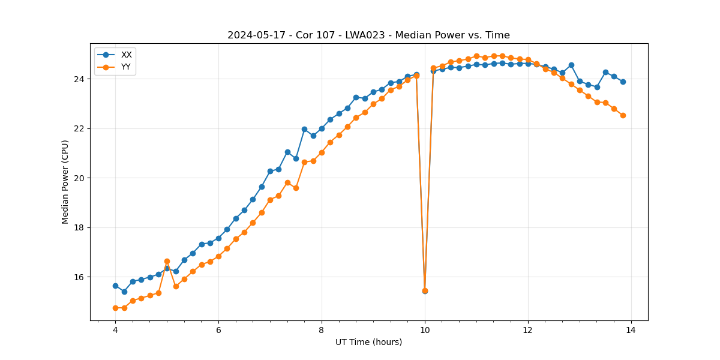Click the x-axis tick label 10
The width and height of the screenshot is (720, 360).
click(x=425, y=330)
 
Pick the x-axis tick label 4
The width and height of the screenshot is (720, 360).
click(x=115, y=330)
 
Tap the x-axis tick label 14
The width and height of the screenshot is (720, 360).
click(x=631, y=330)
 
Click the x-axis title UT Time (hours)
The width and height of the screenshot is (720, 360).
click(x=368, y=342)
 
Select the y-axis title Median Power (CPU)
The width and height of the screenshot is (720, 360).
click(x=65, y=182)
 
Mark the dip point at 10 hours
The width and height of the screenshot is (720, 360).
click(x=425, y=291)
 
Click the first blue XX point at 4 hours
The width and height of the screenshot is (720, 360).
click(x=115, y=286)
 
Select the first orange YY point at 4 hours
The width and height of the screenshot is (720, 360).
click(x=115, y=308)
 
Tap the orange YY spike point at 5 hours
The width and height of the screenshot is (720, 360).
click(x=167, y=262)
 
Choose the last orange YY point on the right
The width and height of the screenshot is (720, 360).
click(x=623, y=115)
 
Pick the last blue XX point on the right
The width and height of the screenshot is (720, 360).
click(x=623, y=82)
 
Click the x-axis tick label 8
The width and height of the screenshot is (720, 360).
click(x=322, y=330)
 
